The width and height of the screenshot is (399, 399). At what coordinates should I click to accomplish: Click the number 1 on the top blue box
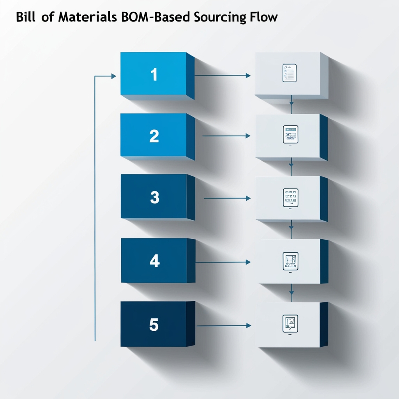(x=154, y=74)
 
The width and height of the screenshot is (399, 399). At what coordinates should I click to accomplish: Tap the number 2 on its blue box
(x=154, y=136)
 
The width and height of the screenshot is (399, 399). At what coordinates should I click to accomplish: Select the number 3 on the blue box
(x=155, y=198)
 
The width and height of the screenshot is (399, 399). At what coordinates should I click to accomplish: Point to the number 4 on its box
(x=155, y=261)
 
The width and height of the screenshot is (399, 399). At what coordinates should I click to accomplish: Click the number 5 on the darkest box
(x=154, y=325)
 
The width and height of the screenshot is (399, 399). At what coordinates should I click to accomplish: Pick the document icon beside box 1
(x=290, y=73)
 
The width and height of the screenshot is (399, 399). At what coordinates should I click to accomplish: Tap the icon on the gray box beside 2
(x=290, y=135)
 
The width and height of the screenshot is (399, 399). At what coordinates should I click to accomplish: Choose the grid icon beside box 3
(x=290, y=198)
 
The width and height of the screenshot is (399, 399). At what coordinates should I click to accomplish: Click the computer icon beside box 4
(x=290, y=261)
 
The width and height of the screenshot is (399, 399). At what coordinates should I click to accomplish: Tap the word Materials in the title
(x=80, y=18)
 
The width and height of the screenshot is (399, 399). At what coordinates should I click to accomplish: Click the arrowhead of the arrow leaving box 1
(x=248, y=76)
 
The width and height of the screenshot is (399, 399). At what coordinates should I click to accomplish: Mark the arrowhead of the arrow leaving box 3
(x=248, y=198)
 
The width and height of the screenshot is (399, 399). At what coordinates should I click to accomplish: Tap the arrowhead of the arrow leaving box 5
(x=248, y=325)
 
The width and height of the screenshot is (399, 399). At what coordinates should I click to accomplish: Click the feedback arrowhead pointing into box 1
(x=114, y=76)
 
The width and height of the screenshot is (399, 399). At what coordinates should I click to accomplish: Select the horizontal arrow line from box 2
(x=224, y=136)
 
